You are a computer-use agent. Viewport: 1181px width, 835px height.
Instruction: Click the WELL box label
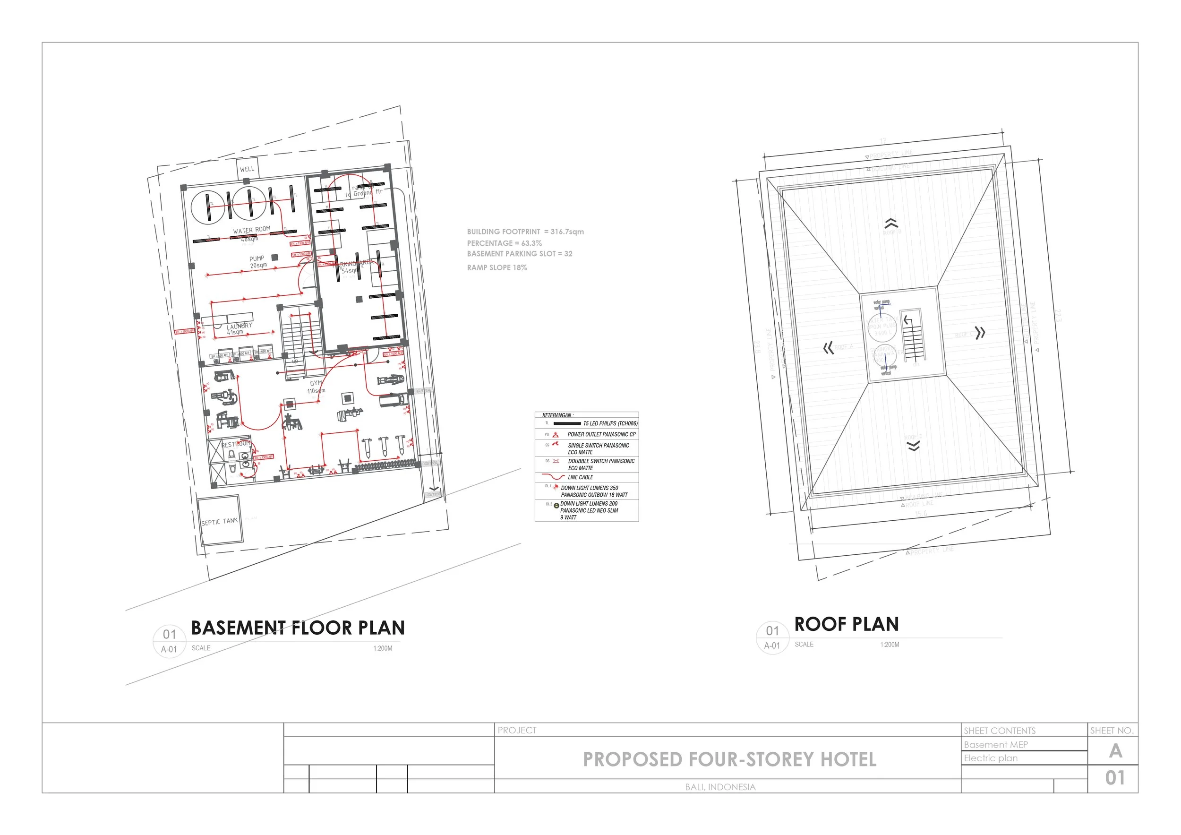[247, 169]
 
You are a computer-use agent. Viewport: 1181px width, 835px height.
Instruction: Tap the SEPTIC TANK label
[220, 522]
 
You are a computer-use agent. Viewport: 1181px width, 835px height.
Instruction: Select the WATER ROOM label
[251, 230]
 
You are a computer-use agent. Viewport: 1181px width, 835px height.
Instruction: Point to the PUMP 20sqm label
[258, 262]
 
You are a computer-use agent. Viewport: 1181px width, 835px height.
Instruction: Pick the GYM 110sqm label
[317, 387]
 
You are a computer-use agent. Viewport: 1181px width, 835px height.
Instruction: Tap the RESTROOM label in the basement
[236, 443]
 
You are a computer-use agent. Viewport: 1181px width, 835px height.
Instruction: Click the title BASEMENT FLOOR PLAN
[298, 628]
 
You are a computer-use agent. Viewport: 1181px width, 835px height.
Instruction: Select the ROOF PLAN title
[846, 624]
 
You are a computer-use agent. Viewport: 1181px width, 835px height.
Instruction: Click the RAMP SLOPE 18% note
[497, 267]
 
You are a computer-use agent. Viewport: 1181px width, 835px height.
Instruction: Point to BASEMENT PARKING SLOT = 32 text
[520, 254]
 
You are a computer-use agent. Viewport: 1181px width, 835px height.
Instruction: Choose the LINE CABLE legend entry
[580, 477]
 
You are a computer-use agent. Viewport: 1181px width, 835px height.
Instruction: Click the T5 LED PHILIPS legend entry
[610, 423]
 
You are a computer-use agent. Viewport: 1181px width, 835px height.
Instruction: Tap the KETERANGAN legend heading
[557, 415]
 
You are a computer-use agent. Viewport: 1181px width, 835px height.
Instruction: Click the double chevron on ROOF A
[828, 348]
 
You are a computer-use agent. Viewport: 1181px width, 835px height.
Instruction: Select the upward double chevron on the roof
[891, 224]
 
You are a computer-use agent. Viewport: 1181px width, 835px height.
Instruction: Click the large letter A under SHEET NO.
[1115, 751]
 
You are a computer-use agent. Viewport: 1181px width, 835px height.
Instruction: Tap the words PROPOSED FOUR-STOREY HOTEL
[729, 759]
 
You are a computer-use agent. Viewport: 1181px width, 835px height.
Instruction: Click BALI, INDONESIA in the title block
[720, 787]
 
